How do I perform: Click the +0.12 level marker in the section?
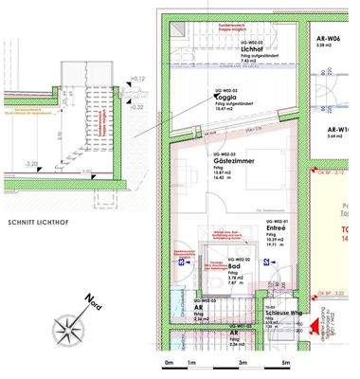click(x=139, y=78)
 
